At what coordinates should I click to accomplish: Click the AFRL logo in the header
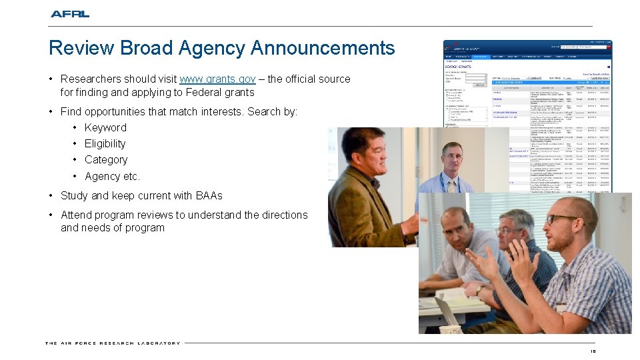70,13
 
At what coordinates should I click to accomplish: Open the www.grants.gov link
217,79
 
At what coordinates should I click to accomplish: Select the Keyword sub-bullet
105,127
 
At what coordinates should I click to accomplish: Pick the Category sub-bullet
106,160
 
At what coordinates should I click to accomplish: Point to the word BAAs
209,196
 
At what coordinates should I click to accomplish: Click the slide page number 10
593,351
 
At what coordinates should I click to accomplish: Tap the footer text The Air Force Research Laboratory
113,343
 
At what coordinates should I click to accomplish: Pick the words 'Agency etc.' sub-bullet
112,177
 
